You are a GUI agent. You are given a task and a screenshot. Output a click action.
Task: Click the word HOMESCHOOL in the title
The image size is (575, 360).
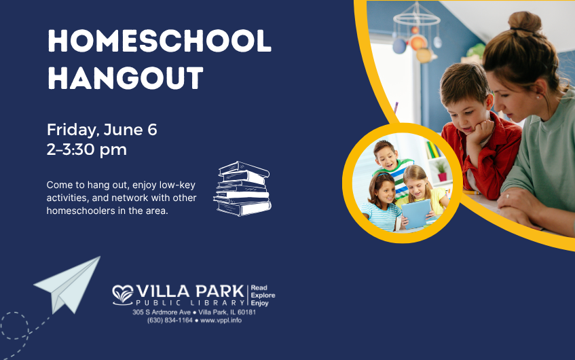(x=159, y=42)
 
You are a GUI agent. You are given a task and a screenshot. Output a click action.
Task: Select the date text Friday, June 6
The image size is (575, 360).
(x=102, y=129)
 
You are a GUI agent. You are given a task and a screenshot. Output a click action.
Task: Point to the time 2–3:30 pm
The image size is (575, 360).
(x=87, y=149)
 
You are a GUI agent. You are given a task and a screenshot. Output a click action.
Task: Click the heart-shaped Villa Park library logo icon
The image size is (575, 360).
(x=124, y=293)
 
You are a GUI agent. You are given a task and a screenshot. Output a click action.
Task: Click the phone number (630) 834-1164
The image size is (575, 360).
(x=169, y=320)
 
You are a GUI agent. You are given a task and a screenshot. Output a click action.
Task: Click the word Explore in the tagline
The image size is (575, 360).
(x=263, y=295)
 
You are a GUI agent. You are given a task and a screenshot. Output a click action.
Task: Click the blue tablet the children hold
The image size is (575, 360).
(x=415, y=213)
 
